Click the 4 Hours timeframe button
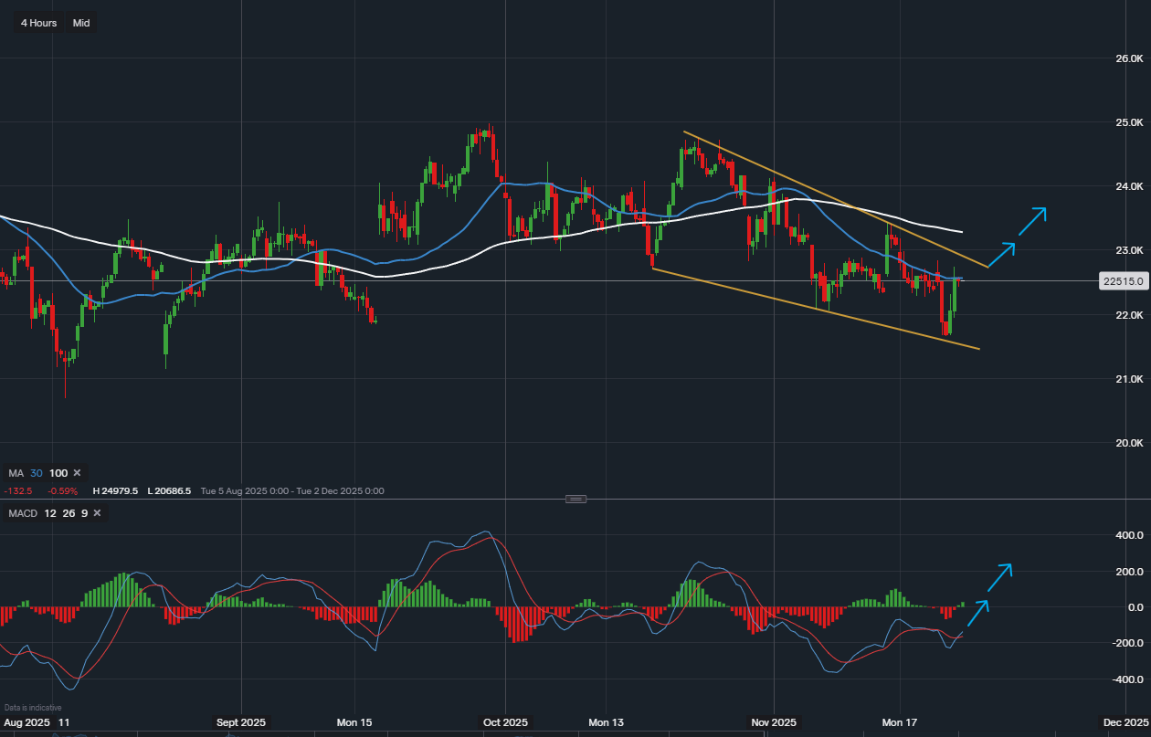pyautogui.click(x=38, y=23)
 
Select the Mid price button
pyautogui.click(x=81, y=23)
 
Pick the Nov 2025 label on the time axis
pyautogui.click(x=773, y=722)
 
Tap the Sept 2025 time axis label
pyautogui.click(x=241, y=722)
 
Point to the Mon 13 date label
pyautogui.click(x=606, y=722)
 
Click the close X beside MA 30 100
pyautogui.click(x=77, y=473)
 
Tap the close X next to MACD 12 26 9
pyautogui.click(x=96, y=513)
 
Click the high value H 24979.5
pyautogui.click(x=115, y=491)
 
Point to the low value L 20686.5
pyautogui.click(x=169, y=491)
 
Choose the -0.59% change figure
pyautogui.click(x=64, y=491)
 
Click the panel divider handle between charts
pyautogui.click(x=575, y=499)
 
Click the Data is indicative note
pyautogui.click(x=33, y=708)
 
